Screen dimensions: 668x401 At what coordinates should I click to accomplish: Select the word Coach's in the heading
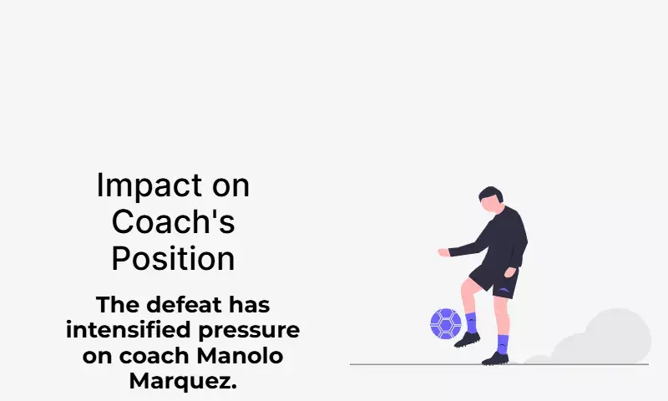tap(173, 221)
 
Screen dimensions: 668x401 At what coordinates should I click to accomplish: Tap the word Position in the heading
tap(173, 258)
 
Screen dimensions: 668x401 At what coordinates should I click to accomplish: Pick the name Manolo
tap(240, 355)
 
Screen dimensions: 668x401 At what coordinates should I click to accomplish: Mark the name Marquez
tap(183, 381)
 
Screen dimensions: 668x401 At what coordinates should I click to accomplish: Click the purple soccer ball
tap(446, 324)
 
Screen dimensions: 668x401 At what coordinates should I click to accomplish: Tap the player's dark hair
tap(491, 194)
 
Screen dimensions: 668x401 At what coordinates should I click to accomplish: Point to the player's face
tap(489, 205)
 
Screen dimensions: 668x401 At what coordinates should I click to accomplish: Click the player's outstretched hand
tap(444, 252)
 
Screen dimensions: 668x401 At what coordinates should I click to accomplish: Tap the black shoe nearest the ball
tap(467, 340)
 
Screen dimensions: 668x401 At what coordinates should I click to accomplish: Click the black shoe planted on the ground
tap(495, 359)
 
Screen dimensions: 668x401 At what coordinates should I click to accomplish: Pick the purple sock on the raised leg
tap(471, 323)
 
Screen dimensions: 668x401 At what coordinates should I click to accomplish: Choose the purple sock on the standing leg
tap(503, 344)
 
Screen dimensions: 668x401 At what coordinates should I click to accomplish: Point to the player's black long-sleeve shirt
tap(498, 240)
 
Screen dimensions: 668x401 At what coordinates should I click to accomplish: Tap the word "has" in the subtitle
tap(249, 305)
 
